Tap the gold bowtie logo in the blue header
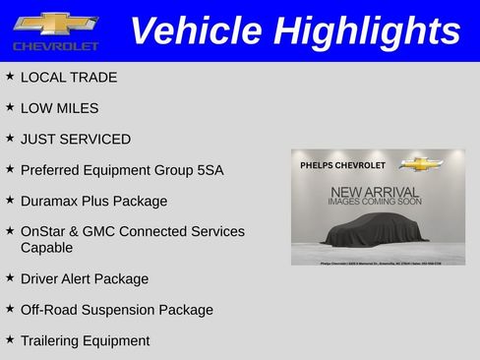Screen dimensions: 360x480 pos(55,24)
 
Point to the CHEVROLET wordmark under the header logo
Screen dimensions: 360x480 pos(55,46)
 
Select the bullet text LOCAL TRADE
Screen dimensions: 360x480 pos(68,78)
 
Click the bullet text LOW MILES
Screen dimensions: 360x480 pos(59,108)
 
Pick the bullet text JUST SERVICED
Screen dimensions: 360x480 pos(75,139)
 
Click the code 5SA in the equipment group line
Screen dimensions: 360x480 pos(209,170)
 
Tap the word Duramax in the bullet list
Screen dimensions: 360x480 pos(50,201)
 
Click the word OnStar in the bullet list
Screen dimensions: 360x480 pos(44,232)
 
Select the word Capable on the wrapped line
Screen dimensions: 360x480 pos(46,248)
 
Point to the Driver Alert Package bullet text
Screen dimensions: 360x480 pos(85,279)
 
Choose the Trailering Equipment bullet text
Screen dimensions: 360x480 pos(85,341)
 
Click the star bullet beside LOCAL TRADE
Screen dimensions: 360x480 pos(10,77)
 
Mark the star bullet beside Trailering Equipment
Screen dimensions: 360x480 pos(10,340)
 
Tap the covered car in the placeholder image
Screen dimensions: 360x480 pos(378,234)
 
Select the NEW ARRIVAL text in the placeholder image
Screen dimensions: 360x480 pos(375,191)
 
